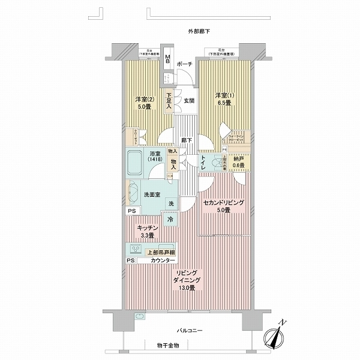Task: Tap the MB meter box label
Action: [169, 60]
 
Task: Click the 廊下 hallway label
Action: [187, 140]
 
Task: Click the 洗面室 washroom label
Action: [152, 195]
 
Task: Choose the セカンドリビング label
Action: [223, 203]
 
